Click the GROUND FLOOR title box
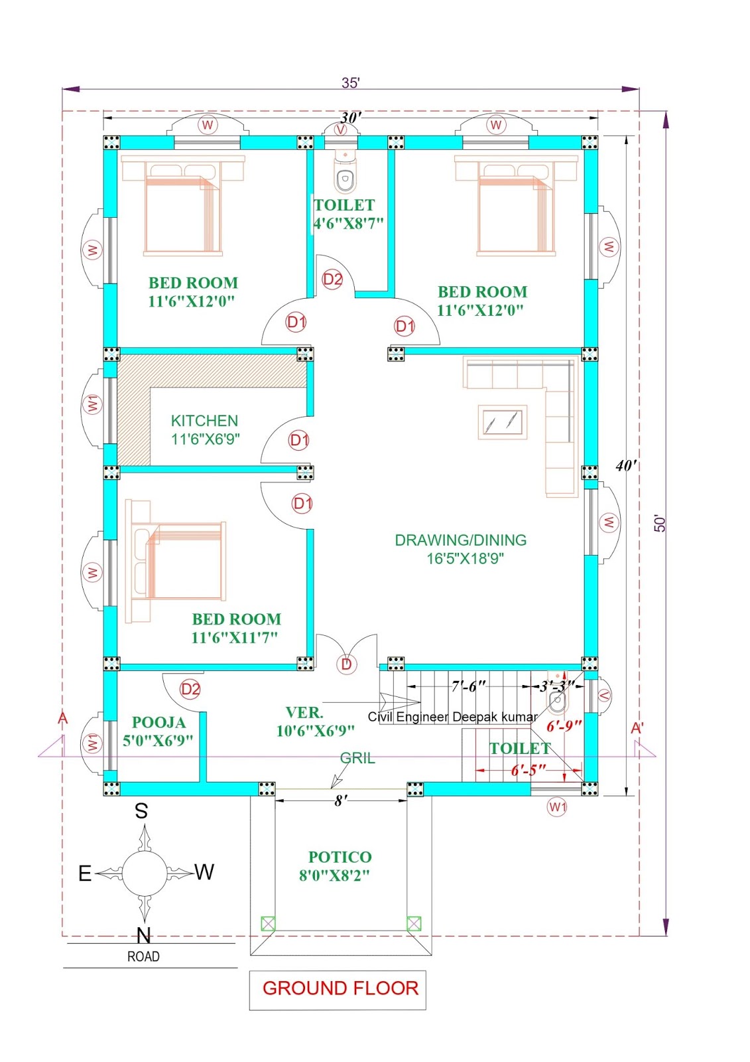point(338,990)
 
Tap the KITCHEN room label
point(205,421)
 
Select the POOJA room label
point(158,722)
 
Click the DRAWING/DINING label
point(460,540)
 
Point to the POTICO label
point(340,857)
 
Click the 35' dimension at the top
point(351,83)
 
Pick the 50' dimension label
point(660,523)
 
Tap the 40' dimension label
point(625,465)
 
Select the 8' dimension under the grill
point(341,800)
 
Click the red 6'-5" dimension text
point(529,770)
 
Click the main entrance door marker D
point(346,664)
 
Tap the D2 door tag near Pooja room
point(190,689)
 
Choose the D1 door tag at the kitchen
point(299,441)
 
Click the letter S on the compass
point(141,810)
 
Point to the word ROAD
point(143,956)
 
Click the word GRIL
point(357,758)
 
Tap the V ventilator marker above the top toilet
point(341,129)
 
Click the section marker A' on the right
point(637,728)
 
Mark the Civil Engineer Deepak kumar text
point(452,717)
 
